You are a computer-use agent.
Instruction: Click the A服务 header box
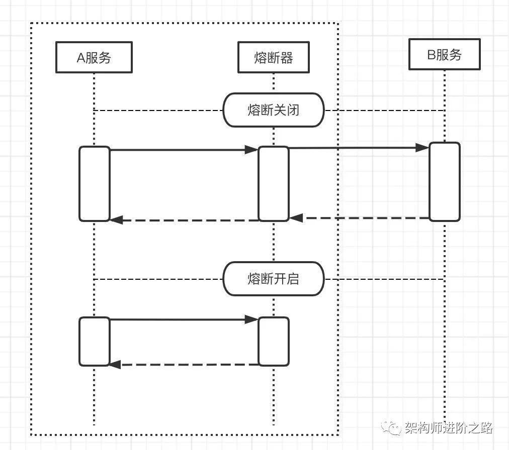pyautogui.click(x=94, y=58)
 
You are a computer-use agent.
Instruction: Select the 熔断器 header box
pyautogui.click(x=274, y=58)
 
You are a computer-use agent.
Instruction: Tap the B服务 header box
pyautogui.click(x=444, y=54)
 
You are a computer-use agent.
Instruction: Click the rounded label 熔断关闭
pyautogui.click(x=274, y=110)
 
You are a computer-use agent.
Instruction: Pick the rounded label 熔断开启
pyautogui.click(x=274, y=279)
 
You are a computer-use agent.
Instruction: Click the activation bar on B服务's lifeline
pyautogui.click(x=444, y=182)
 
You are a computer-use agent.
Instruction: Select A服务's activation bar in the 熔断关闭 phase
pyautogui.click(x=94, y=184)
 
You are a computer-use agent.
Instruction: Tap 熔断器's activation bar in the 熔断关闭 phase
pyautogui.click(x=274, y=184)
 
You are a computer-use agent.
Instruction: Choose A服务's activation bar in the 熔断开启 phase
pyautogui.click(x=94, y=342)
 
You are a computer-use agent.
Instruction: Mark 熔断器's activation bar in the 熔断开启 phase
pyautogui.click(x=274, y=342)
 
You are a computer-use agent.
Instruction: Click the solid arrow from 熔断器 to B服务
pyautogui.click(x=357, y=148)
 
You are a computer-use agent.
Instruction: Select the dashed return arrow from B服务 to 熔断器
pyautogui.click(x=360, y=218)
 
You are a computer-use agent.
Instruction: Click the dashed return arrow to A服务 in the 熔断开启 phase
pyautogui.click(x=184, y=365)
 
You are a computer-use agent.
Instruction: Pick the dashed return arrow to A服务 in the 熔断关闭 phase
pyautogui.click(x=184, y=220)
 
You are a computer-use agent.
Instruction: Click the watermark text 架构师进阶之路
pyautogui.click(x=448, y=428)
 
